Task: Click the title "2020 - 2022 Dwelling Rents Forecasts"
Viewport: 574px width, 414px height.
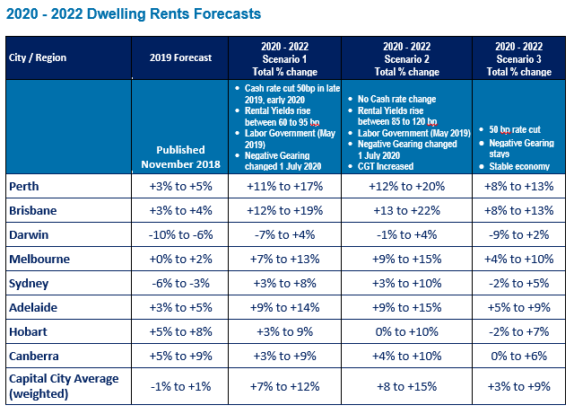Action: click(134, 14)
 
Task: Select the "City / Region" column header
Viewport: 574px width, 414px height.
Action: click(38, 57)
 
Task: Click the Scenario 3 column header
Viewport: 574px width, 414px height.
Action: click(519, 57)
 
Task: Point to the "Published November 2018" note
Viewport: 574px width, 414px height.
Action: click(180, 156)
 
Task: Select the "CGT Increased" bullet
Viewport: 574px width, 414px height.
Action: click(390, 165)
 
